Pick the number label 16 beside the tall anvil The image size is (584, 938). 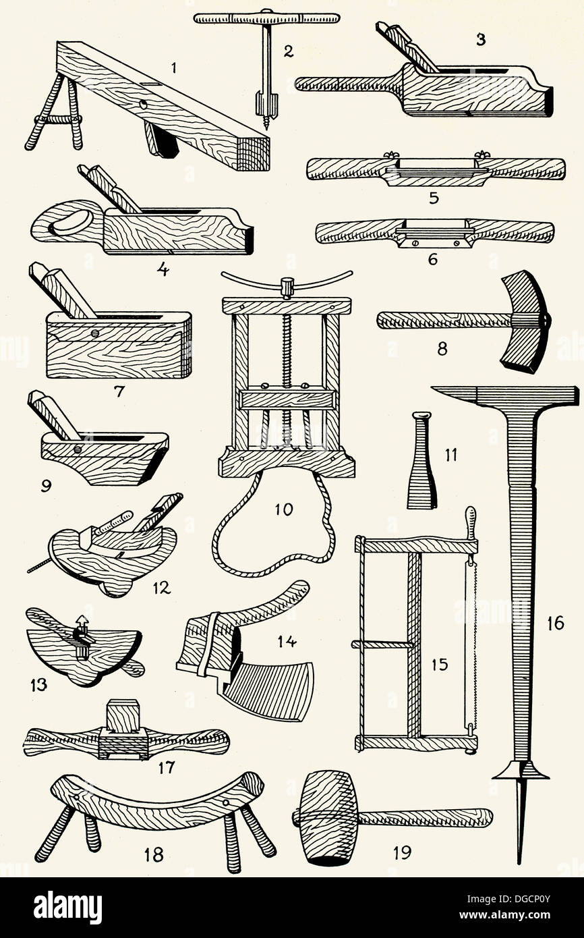(555, 622)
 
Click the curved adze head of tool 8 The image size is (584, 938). (525, 321)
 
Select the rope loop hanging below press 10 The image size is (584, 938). (273, 533)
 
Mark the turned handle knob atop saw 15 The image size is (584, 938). (471, 521)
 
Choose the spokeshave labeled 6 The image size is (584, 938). (434, 232)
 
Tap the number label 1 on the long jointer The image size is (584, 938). (173, 67)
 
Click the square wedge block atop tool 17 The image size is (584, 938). (123, 717)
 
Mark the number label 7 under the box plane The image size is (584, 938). (119, 391)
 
